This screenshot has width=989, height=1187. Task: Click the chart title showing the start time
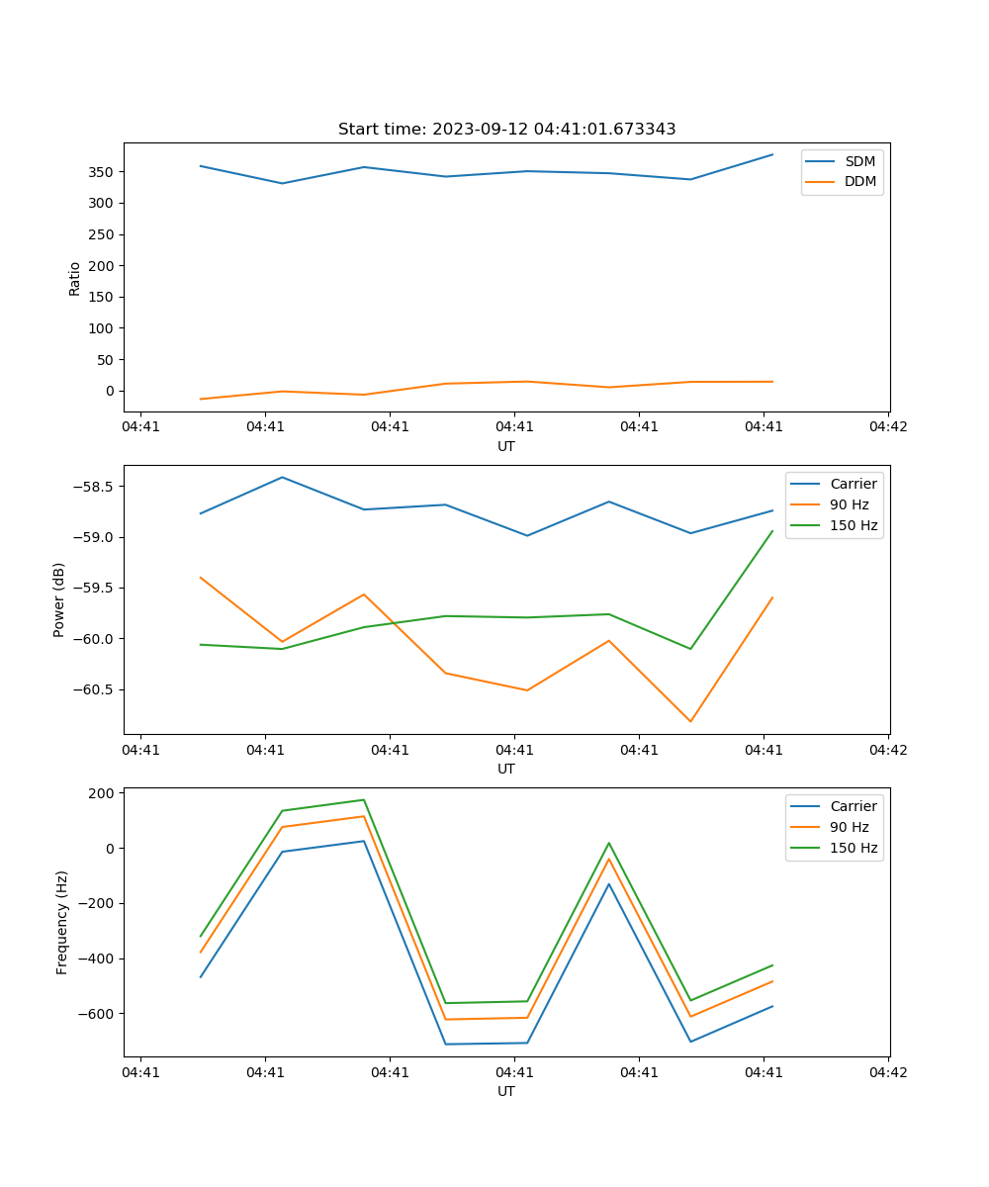pos(506,129)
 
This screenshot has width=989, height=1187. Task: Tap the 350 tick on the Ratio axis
pos(102,172)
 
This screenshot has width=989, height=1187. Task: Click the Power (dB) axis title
pos(59,599)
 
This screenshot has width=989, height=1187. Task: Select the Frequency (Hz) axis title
pos(61,922)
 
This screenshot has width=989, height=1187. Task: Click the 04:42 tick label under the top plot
pos(887,427)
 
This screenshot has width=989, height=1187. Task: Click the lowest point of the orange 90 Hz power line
pos(690,721)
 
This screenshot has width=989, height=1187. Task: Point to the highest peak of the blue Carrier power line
pos(282,477)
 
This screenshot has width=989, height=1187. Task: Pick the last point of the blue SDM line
pos(772,154)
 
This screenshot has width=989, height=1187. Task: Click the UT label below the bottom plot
pos(506,1091)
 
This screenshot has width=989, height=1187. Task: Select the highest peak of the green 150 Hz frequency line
pos(364,799)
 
